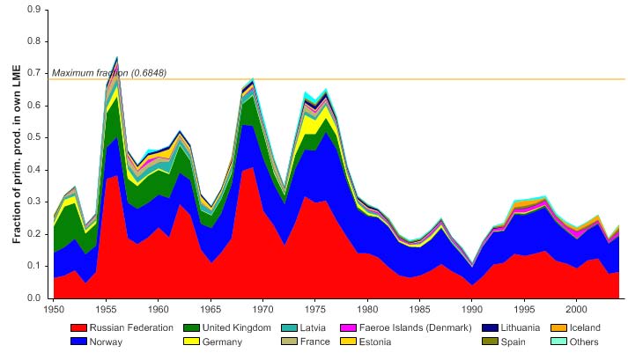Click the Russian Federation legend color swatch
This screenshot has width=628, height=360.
click(x=82, y=328)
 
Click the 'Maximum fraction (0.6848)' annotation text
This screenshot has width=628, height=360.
click(x=109, y=72)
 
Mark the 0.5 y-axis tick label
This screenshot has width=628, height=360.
click(x=35, y=137)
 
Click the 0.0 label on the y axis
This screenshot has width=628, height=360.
click(x=35, y=298)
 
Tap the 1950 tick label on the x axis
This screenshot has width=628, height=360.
click(x=54, y=311)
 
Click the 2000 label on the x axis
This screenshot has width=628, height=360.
click(x=576, y=311)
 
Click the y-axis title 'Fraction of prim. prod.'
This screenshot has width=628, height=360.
click(x=16, y=154)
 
